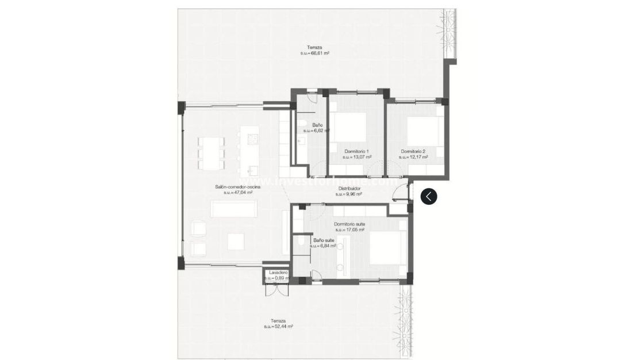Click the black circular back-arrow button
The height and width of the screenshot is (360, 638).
point(429,196)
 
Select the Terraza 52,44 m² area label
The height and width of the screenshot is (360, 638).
point(278,324)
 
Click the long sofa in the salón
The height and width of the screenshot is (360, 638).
point(236,209)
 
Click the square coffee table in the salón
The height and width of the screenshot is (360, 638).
point(236,242)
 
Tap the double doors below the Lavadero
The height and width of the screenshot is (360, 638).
point(275,289)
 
